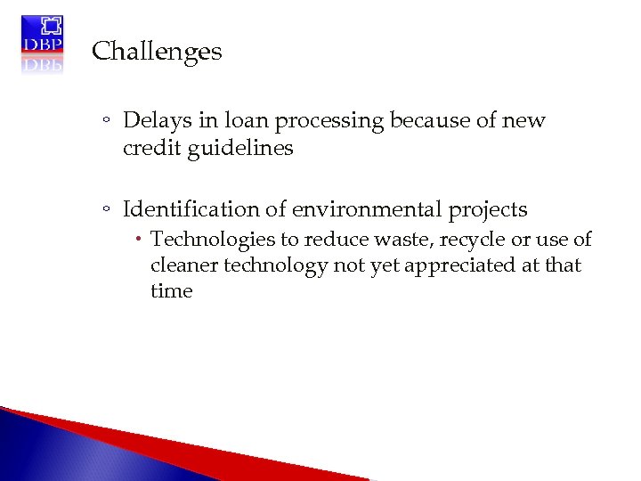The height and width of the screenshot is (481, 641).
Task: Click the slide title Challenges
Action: click(x=157, y=52)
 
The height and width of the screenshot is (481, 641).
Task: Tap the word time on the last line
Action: click(x=171, y=291)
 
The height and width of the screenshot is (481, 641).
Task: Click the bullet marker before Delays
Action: click(x=106, y=122)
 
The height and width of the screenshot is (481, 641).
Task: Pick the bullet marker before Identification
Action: click(x=106, y=211)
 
